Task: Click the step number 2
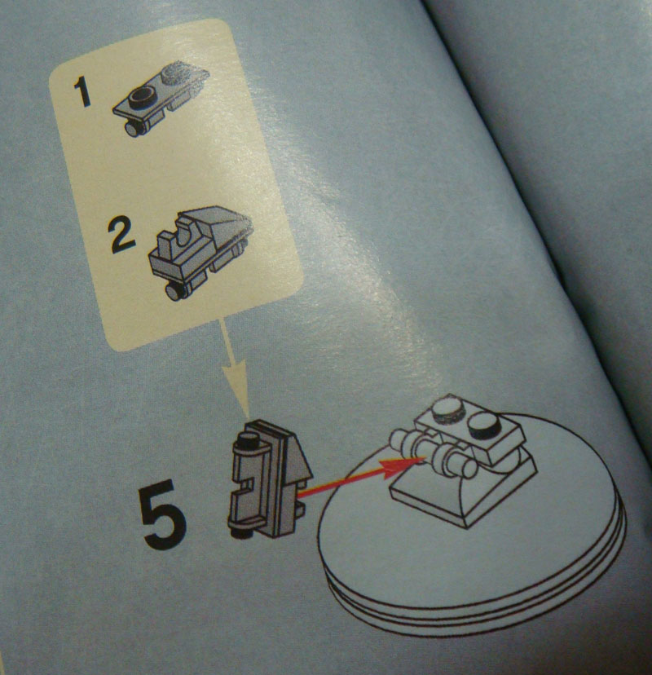click(x=121, y=234)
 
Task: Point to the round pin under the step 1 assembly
click(x=134, y=128)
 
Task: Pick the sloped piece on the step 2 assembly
click(x=215, y=224)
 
